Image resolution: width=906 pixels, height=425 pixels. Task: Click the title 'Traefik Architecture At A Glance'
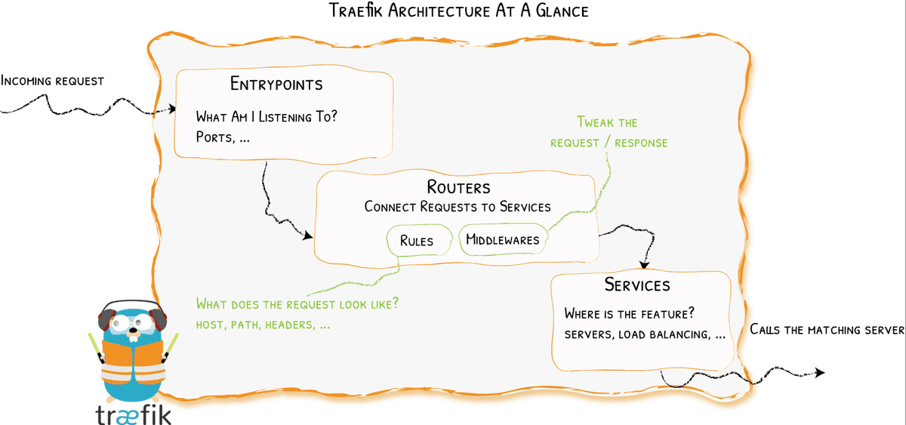pos(458,11)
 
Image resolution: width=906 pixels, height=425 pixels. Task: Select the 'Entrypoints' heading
pos(276,84)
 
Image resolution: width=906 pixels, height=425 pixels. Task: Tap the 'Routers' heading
pos(458,187)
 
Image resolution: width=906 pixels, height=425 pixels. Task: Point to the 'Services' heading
pos(637,285)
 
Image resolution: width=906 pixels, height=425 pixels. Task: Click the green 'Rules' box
pos(417,241)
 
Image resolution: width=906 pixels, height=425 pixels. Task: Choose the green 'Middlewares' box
pos(503,240)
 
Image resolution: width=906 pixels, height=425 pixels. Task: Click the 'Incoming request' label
pos(52,80)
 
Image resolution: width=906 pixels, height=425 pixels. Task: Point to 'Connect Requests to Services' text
pos(458,207)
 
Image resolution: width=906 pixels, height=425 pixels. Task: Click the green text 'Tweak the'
pos(607,122)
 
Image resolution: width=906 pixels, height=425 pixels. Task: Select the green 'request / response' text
pos(609,143)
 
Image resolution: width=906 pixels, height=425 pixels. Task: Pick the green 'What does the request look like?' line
pos(297,304)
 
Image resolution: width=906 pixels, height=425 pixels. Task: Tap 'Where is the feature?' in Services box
pos(629,314)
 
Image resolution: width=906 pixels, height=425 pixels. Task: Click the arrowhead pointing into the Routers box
pos(308,237)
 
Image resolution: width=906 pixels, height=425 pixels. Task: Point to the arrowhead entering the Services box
pos(644,265)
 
